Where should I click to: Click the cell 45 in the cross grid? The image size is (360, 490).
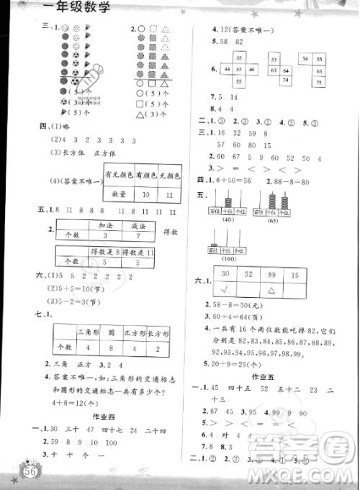(x=236, y=70)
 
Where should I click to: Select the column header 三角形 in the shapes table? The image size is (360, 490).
(x=89, y=333)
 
